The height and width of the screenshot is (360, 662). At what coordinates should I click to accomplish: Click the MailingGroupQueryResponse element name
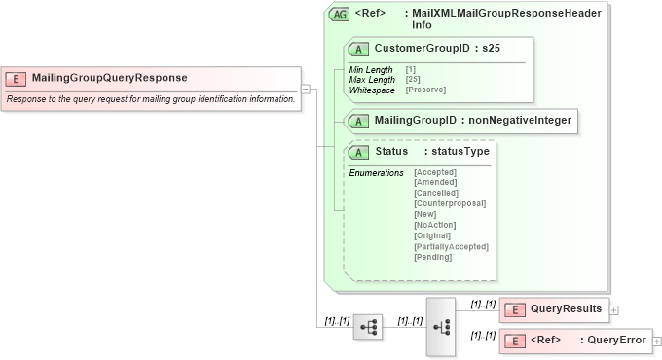109,78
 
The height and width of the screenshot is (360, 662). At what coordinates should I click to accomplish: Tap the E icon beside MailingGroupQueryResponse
17,78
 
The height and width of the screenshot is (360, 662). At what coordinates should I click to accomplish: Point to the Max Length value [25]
414,79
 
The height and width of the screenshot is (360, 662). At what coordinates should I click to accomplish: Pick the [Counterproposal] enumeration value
450,203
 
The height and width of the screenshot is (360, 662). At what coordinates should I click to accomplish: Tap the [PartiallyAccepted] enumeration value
451,246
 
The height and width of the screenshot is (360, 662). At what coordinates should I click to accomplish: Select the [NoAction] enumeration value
435,225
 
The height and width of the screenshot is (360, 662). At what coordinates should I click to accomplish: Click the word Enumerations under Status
376,172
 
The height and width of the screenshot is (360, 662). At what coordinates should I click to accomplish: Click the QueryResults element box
554,309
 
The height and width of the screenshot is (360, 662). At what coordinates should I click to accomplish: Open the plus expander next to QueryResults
615,309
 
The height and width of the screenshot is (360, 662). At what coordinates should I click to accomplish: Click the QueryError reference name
617,341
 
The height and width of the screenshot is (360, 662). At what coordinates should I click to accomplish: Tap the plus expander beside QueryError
657,342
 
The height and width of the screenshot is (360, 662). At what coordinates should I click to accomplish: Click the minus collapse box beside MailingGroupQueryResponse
306,89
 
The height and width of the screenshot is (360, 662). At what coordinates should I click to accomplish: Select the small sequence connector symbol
368,328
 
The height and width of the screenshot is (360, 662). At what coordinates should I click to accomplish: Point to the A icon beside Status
357,152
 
